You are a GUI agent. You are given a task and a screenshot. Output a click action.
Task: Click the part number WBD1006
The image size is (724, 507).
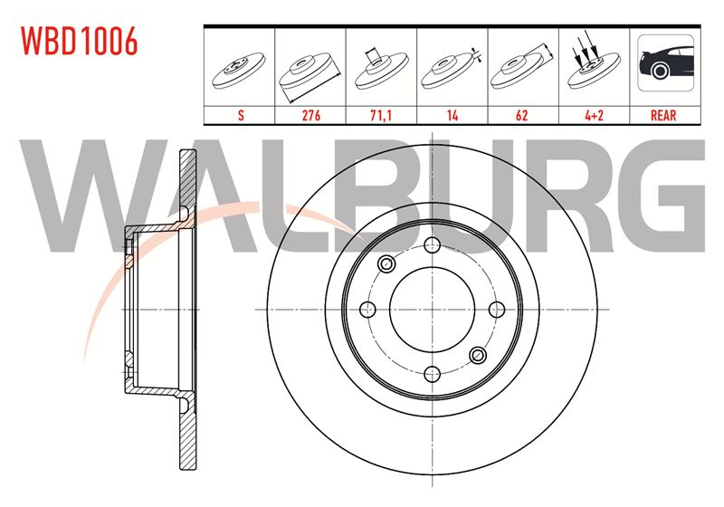tap(80, 41)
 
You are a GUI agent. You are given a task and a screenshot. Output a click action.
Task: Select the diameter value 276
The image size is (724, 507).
tap(310, 115)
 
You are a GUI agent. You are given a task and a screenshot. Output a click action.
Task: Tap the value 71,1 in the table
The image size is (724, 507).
tap(381, 115)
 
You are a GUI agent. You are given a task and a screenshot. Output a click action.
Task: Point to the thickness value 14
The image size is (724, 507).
tap(452, 115)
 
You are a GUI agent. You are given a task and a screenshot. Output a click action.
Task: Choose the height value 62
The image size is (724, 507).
tap(522, 115)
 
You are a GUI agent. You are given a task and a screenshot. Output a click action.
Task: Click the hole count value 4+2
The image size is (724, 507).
tap(594, 115)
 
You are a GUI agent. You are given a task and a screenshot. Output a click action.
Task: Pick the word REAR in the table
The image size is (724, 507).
tap(663, 115)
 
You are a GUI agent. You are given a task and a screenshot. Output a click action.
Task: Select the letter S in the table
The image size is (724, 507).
tap(241, 115)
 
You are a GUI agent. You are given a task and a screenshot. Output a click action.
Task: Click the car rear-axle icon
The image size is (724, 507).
tap(665, 62)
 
